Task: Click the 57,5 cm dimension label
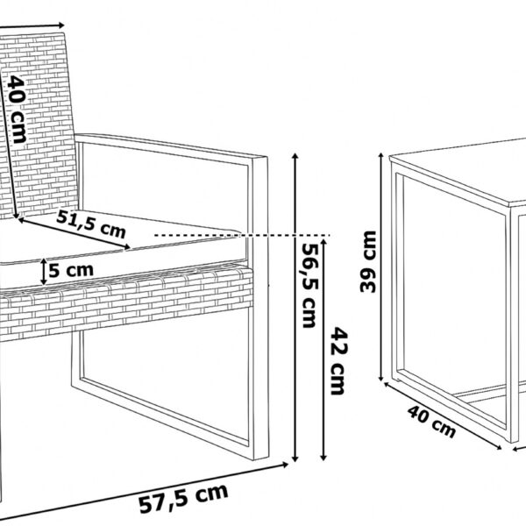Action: click(184, 498)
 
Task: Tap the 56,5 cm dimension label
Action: click(309, 285)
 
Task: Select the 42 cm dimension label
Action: click(338, 361)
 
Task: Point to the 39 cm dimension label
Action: click(367, 261)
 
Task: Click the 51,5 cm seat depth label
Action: click(91, 224)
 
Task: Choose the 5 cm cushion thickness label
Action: click(71, 270)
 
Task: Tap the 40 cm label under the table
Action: click(431, 421)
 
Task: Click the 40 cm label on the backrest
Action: click(17, 109)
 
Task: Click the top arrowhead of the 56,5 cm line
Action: click(295, 156)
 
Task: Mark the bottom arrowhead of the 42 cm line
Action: click(323, 458)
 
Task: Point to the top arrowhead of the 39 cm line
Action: click(381, 156)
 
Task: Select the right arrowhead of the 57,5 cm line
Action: click(285, 465)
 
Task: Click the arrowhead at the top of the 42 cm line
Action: click(323, 242)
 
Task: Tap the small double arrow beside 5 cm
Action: click(44, 272)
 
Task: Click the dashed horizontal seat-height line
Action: click(242, 236)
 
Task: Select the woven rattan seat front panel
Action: click(125, 302)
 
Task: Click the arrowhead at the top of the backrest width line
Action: click(61, 25)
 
